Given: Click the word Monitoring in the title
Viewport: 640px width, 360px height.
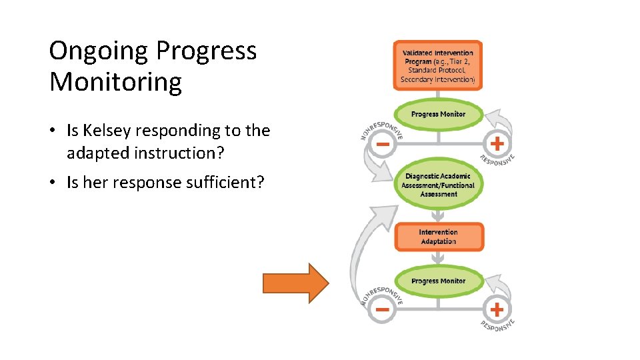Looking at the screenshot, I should pyautogui.click(x=115, y=83).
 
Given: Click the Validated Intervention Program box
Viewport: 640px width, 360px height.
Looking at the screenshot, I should pyautogui.click(x=438, y=65).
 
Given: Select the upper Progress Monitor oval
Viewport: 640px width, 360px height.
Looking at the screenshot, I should pyautogui.click(x=438, y=114).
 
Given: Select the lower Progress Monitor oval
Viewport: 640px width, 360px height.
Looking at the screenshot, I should pyautogui.click(x=438, y=281).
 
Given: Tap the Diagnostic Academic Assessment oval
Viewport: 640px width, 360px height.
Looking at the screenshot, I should pyautogui.click(x=438, y=185).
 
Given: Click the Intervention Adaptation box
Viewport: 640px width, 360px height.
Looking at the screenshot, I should pyautogui.click(x=438, y=237).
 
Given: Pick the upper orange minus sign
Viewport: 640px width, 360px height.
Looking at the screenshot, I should pyautogui.click(x=383, y=144).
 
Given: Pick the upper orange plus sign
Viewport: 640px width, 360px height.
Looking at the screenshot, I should pyautogui.click(x=496, y=143).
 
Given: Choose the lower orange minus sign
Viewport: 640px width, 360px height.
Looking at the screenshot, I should pyautogui.click(x=382, y=309).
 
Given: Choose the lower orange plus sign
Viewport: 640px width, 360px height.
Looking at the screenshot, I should pyautogui.click(x=496, y=309).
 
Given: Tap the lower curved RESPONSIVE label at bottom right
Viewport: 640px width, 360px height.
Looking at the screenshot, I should pyautogui.click(x=498, y=324).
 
